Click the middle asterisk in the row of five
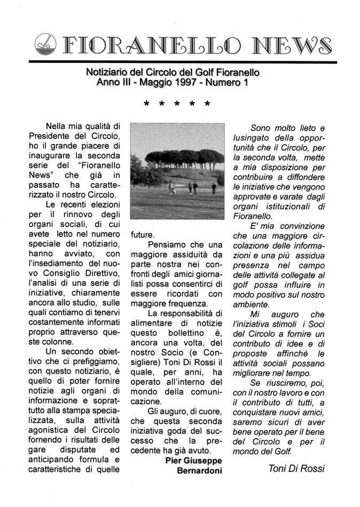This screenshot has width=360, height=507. click(x=177, y=105)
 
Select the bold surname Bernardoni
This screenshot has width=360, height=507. click(x=199, y=470)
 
